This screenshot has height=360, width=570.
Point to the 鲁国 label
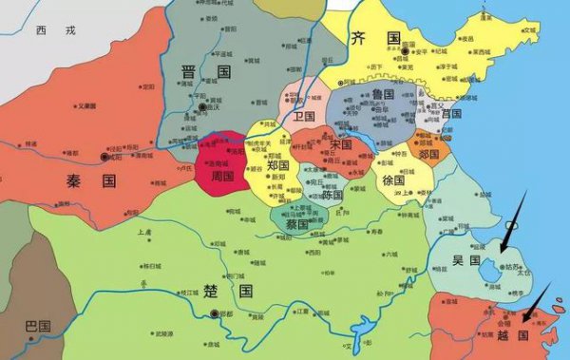point(384,95)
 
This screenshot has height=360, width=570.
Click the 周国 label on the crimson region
point(224,178)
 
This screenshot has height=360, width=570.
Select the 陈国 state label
point(332,194)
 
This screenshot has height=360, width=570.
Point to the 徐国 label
point(393,180)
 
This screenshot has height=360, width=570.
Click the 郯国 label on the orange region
point(428,153)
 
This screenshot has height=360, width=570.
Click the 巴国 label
point(38,326)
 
